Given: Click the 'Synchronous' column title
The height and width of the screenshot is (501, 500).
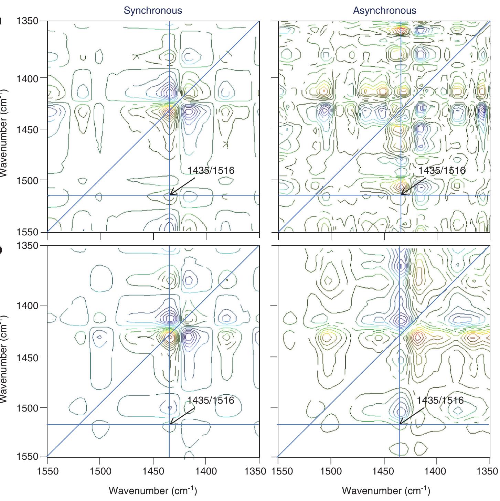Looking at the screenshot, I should [153, 11].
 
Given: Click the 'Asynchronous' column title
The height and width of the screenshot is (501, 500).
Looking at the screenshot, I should [384, 11].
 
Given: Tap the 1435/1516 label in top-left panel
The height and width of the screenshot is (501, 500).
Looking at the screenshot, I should [211, 170].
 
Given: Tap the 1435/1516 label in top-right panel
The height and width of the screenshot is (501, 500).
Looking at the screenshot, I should [442, 170].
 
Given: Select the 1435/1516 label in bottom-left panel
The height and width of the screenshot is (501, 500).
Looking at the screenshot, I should [211, 400].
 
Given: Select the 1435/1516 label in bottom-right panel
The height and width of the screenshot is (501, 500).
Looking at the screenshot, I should [440, 400].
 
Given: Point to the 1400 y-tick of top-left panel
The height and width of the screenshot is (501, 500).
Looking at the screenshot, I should [27, 78].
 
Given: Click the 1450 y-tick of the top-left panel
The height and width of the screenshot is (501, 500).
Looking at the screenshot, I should [27, 130].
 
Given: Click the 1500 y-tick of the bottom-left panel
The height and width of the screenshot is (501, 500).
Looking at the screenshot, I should [27, 408].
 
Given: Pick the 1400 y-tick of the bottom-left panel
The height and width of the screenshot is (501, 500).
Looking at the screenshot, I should [27, 306].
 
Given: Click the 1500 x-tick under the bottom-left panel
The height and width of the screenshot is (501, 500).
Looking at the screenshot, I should [100, 471].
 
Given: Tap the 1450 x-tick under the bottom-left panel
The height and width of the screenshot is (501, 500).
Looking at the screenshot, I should [153, 471].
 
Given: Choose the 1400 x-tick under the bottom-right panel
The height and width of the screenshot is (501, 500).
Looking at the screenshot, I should [437, 471].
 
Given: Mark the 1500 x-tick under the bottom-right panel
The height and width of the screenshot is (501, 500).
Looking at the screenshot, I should [331, 471].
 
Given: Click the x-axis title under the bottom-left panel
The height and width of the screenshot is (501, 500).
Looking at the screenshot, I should [153, 491].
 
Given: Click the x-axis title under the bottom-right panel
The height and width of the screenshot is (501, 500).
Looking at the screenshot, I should [386, 491].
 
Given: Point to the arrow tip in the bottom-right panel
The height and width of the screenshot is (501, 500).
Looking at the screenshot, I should [400, 424].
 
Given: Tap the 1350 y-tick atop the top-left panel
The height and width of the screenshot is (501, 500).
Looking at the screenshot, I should [27, 21].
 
